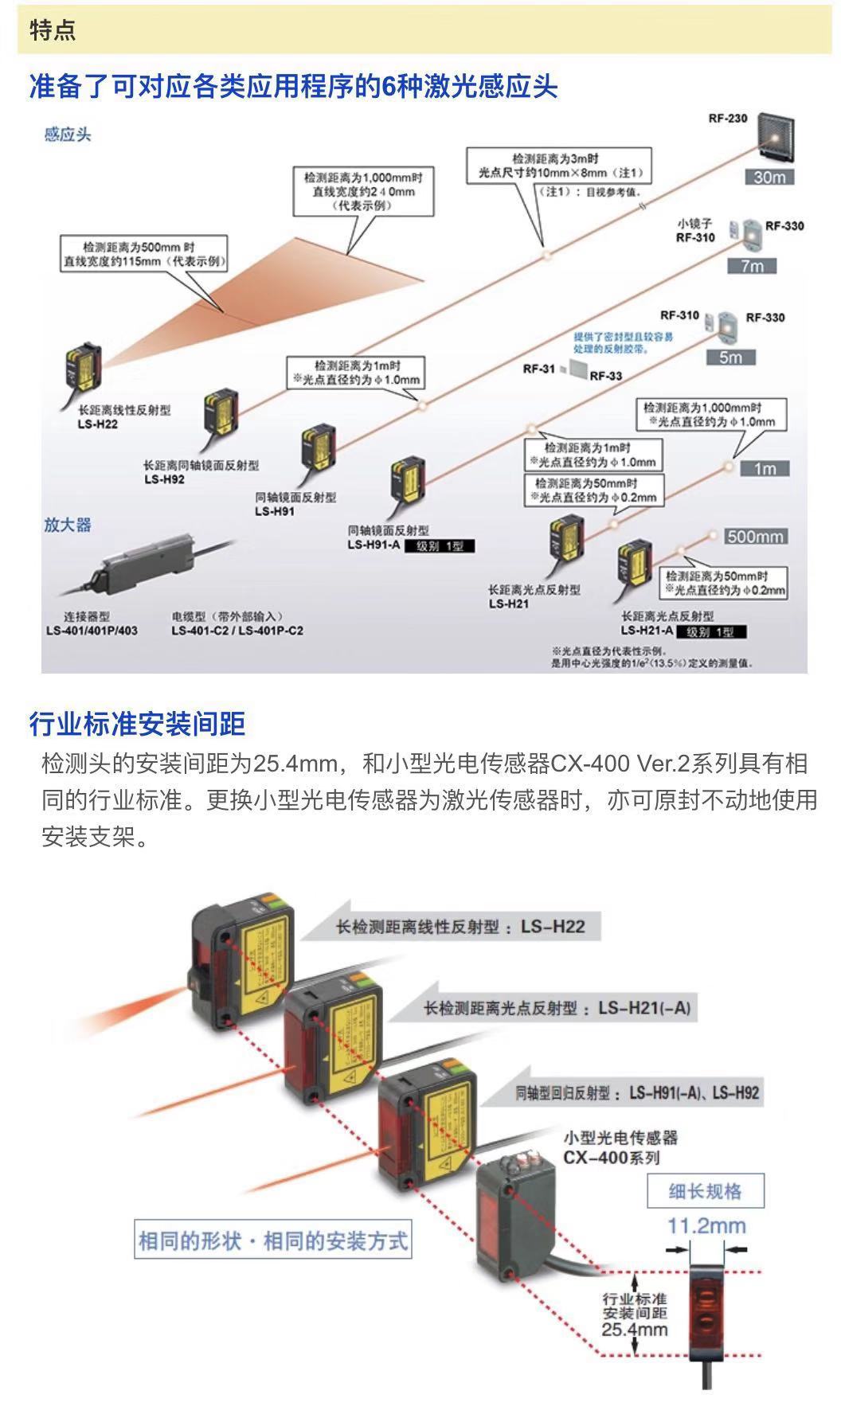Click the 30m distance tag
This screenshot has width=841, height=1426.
point(769,177)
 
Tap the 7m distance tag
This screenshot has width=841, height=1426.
point(751,265)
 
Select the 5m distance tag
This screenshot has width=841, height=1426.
point(730,357)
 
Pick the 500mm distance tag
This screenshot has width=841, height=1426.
point(754,536)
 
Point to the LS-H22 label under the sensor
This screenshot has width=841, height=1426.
point(97,424)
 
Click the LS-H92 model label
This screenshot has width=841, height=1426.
point(164,479)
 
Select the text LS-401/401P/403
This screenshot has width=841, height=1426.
point(92,631)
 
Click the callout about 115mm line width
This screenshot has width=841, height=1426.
point(143,253)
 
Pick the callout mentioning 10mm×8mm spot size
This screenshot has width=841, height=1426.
point(559,172)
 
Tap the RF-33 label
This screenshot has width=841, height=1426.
point(606,376)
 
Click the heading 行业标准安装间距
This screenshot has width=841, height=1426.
point(137,724)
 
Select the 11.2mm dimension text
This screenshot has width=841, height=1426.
point(706,1225)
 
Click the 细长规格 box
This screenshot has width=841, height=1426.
point(705,1190)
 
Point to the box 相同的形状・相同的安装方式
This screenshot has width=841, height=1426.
point(273,1240)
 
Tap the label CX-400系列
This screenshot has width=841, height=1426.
point(611,1157)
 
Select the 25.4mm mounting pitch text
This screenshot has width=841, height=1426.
point(635,1329)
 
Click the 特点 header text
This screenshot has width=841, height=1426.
point(53,30)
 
